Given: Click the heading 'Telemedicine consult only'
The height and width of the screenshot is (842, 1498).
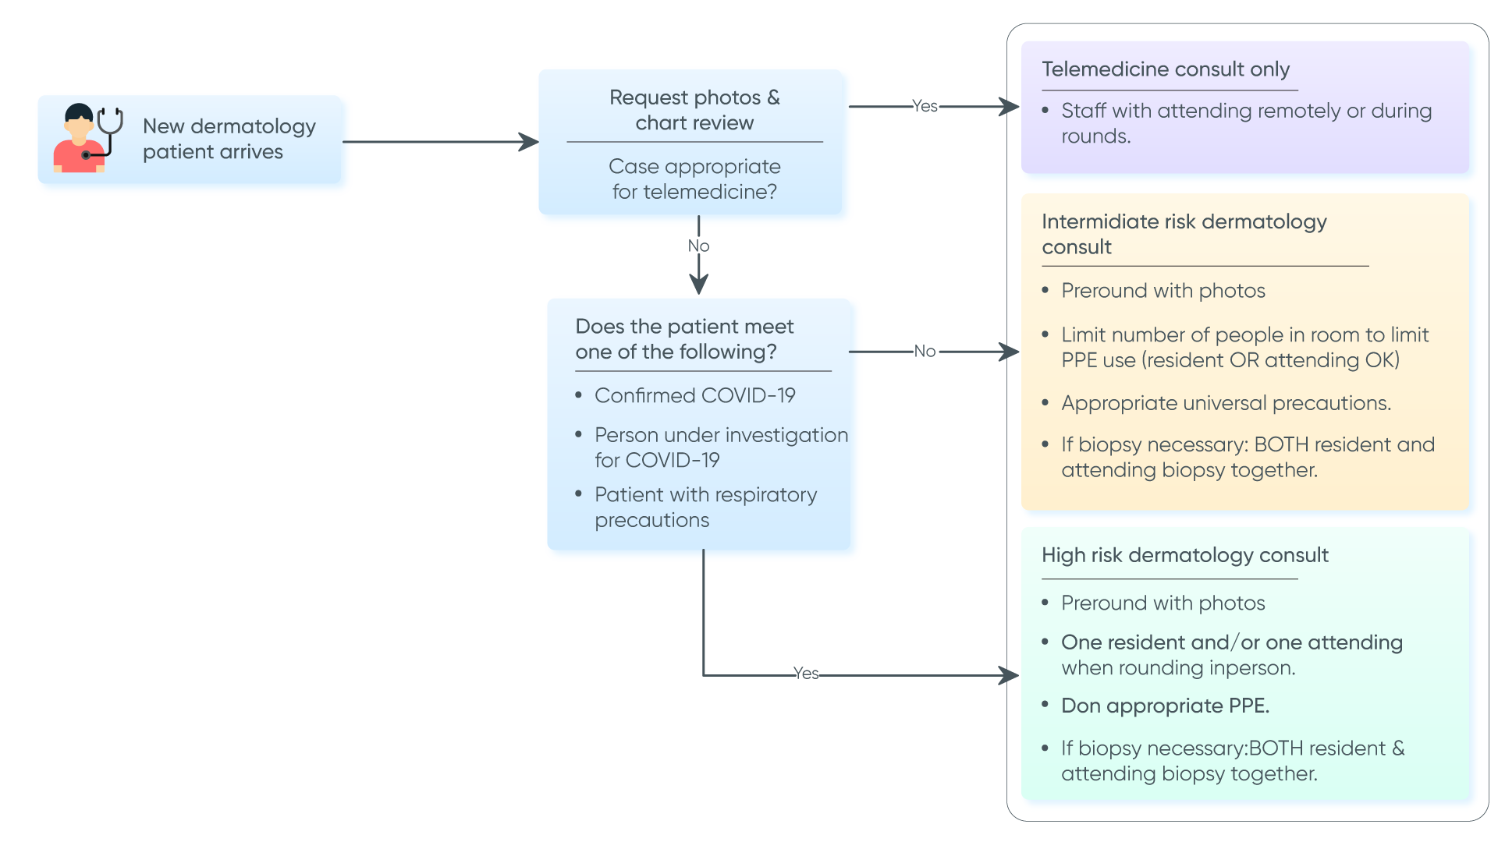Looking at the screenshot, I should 1166,69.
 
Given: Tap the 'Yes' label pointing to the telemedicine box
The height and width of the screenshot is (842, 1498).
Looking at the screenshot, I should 925,106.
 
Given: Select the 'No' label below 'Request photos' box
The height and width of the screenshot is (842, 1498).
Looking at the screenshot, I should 698,246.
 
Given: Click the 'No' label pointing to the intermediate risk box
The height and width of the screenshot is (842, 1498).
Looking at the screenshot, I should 925,352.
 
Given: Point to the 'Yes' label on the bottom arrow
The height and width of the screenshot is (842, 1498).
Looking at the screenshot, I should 806,674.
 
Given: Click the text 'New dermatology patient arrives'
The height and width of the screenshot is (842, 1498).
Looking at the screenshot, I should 229,139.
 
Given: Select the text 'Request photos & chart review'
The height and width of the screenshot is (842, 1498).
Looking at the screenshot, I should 694,110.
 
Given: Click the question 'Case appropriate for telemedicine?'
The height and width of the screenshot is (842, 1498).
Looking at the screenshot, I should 694,179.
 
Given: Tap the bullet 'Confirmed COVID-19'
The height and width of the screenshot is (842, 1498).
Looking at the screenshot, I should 694,396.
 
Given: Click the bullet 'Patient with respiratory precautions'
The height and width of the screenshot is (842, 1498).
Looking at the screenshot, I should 705,507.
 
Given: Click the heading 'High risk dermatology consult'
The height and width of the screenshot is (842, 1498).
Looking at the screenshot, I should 1184,555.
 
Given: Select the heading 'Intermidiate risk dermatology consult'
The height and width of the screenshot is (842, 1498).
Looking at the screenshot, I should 1184,234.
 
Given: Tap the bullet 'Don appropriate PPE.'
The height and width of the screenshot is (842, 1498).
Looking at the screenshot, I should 1165,706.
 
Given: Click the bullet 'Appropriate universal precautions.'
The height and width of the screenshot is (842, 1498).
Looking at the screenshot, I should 1226,403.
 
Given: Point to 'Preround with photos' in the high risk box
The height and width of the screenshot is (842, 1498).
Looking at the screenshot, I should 1163,603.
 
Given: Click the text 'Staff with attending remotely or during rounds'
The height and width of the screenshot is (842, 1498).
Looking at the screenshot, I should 1245,123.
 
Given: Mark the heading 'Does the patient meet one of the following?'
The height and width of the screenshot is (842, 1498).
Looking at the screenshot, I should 683,339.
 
